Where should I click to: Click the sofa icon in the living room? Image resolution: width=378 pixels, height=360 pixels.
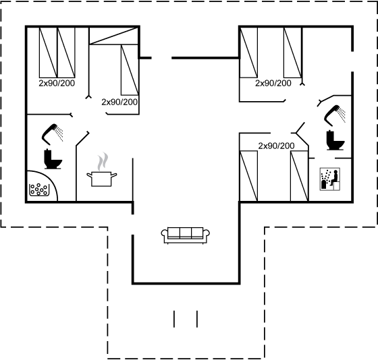186,235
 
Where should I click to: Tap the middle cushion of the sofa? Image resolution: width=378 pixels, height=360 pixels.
186,233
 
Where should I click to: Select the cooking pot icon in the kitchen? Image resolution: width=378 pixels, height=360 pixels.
102,179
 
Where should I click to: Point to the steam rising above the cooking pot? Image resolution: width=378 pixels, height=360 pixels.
103,161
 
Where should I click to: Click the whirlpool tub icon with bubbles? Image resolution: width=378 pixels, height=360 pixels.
39,189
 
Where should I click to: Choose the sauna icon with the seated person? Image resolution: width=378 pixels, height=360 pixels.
330,179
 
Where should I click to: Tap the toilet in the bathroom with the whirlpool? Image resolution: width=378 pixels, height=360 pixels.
53,159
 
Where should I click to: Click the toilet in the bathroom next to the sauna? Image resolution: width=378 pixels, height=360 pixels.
335,140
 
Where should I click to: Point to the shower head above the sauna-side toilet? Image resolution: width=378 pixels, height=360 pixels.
335,115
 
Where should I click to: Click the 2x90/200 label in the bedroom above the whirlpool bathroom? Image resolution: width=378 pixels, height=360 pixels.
57,84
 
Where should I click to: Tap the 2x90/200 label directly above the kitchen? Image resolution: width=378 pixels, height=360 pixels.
119,102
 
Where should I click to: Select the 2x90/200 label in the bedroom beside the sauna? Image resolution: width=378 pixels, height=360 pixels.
276,146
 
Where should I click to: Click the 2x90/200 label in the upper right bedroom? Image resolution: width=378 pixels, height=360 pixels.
273,84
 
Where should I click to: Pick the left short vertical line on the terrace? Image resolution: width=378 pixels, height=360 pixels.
174,319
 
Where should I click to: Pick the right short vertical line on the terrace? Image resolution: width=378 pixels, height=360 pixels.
197,319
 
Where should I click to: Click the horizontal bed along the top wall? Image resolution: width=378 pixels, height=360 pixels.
114,36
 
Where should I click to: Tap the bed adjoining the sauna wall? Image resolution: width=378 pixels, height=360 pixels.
300,176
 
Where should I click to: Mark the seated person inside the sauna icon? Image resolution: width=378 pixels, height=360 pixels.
334,178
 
